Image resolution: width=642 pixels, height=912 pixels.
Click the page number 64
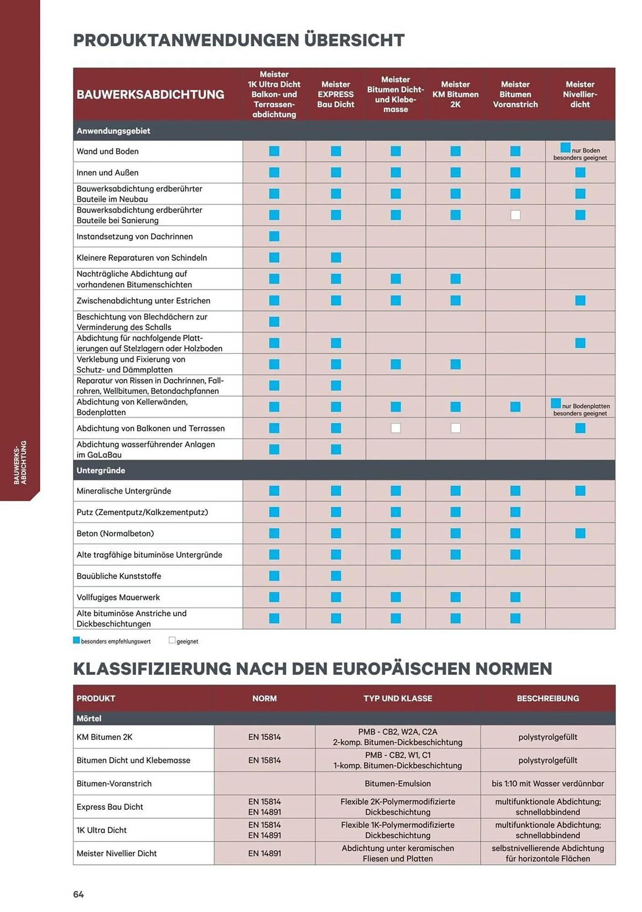78,894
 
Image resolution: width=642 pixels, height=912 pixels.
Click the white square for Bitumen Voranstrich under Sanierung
515,215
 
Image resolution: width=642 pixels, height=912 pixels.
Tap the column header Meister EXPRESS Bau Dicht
336,94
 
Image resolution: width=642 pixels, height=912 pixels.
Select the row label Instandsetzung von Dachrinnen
135,236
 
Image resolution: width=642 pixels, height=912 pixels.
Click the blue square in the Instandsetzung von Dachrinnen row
274,236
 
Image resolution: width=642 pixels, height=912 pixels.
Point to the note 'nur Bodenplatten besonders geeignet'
580,409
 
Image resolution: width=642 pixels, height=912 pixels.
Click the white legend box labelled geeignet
172,640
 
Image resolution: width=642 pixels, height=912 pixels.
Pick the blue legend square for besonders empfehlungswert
77,640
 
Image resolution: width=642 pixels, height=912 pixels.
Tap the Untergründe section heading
101,470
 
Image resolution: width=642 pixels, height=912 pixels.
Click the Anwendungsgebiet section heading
114,131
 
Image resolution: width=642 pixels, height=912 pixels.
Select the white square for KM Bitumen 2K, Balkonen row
456,428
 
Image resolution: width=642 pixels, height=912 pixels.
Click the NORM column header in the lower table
264,698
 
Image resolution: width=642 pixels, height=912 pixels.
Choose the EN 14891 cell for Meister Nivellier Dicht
264,853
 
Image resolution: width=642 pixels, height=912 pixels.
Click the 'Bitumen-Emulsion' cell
398,783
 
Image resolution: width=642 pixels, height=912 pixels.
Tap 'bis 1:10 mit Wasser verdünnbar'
548,783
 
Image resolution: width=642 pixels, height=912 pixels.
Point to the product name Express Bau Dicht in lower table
110,807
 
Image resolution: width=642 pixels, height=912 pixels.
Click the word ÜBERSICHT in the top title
354,40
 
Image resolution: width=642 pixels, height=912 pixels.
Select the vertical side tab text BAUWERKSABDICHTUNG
20,462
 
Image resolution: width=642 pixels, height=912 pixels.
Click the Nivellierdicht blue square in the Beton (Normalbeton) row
580,533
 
